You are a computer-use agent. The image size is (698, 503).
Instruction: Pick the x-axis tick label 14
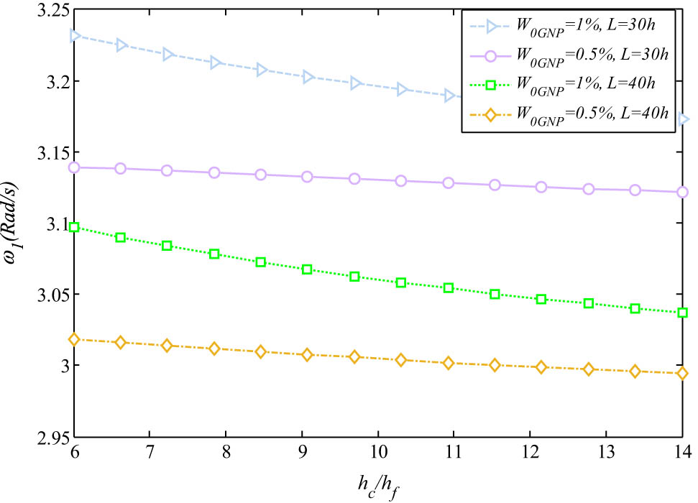[681, 453]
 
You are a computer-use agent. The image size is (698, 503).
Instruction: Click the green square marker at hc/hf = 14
[682, 313]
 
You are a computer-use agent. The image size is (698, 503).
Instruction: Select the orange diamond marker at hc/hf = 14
[682, 373]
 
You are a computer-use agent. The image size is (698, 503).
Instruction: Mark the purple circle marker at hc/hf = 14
[682, 192]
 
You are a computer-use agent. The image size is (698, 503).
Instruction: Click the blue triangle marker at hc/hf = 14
[682, 119]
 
